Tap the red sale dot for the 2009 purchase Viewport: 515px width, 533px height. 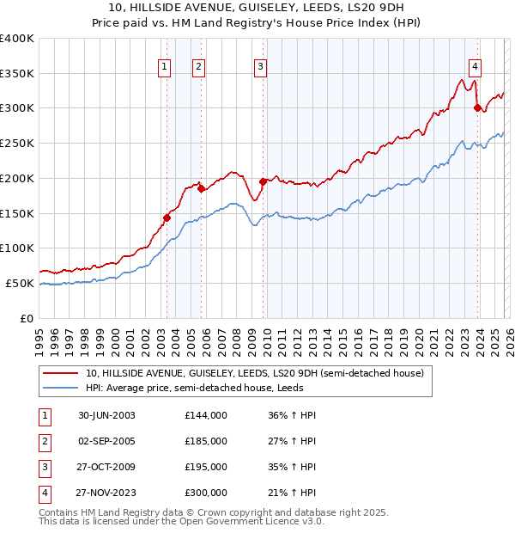(x=263, y=181)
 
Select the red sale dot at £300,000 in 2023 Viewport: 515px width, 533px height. (x=477, y=107)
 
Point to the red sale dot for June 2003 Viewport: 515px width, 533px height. (x=167, y=217)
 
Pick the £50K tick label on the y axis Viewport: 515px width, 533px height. (x=20, y=283)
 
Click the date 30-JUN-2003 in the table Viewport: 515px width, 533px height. (x=106, y=415)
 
